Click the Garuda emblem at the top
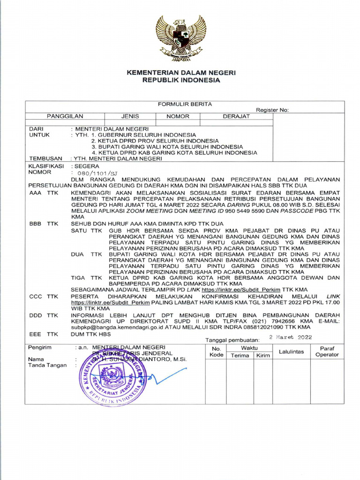click(181, 38)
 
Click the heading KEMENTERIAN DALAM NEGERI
click(181, 73)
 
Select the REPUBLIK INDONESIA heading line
click(181, 80)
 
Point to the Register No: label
click(272, 110)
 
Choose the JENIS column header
click(130, 116)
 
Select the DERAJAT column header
click(236, 116)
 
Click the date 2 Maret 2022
click(290, 337)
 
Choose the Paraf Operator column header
click(327, 352)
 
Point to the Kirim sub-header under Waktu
click(263, 356)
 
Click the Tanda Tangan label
click(47, 366)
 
